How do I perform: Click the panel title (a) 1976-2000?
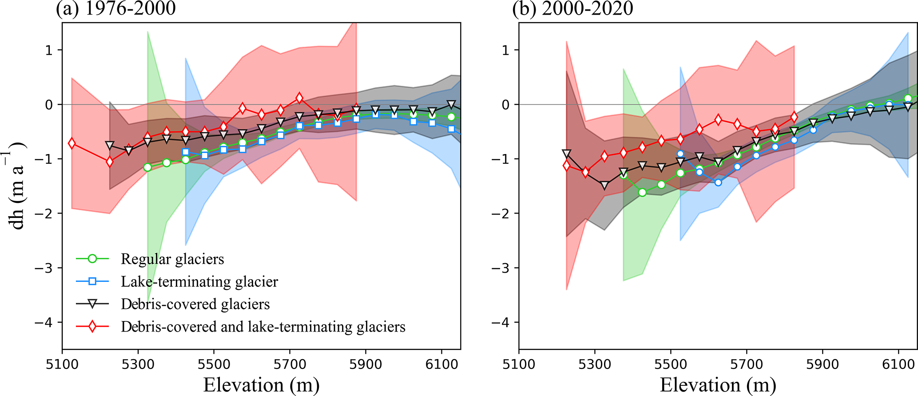pos(116,8)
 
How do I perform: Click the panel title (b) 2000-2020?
pos(572,8)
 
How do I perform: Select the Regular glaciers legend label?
pos(172,259)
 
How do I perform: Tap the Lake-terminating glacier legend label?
pos(199,281)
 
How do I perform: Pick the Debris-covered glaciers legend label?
pos(195,304)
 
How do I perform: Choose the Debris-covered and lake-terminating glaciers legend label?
pos(263,327)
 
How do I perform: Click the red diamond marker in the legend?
pos(92,327)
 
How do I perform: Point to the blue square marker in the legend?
pos(92,281)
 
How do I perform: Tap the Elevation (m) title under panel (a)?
pos(261,384)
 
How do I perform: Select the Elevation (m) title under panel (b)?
pos(718,384)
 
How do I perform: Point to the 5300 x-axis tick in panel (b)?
pos(595,364)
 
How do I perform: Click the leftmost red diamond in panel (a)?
pos(72,143)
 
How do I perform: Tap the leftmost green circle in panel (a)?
pos(147,167)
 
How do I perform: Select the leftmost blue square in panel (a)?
pos(186,152)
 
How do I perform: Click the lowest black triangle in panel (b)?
pos(604,185)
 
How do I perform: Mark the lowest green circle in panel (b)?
pos(642,192)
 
